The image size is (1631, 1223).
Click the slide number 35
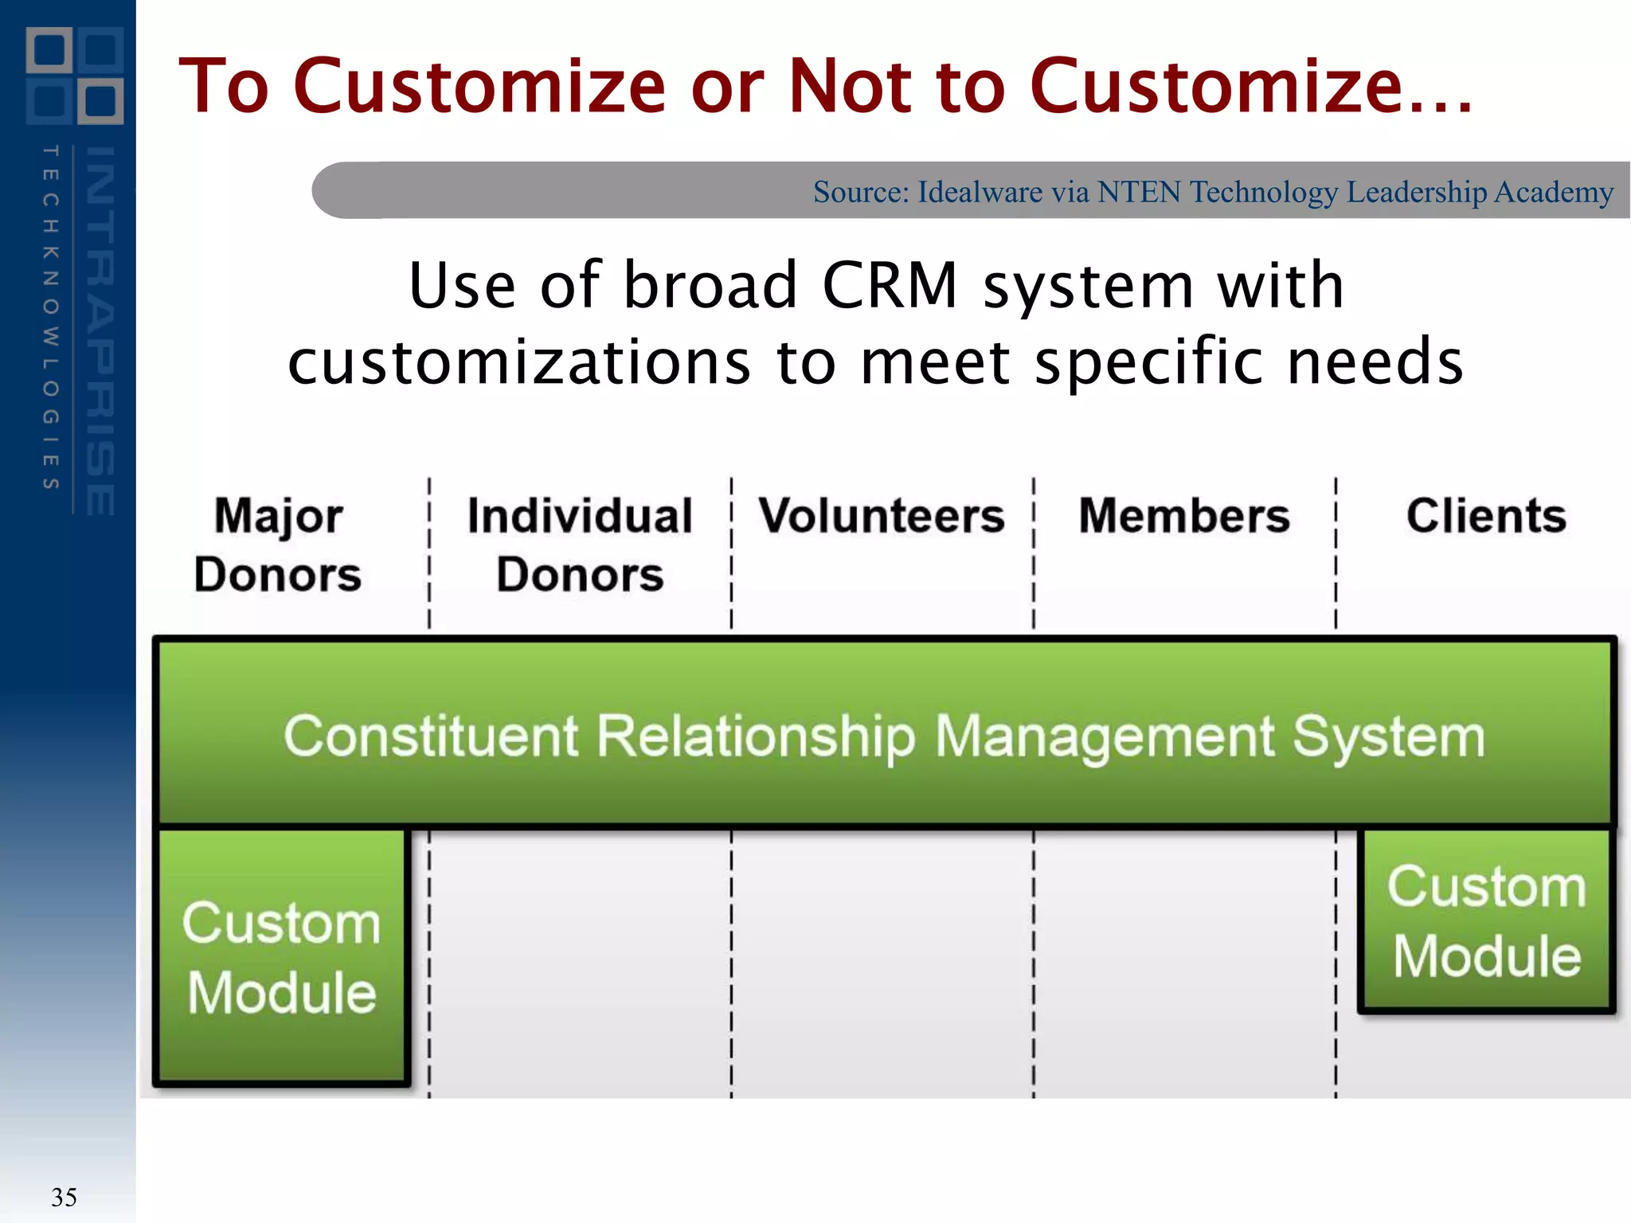[64, 1198]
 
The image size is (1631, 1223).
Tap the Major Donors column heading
[278, 545]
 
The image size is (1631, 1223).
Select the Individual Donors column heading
[580, 545]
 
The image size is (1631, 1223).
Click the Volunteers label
[882, 516]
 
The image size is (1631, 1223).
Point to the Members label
[1184, 516]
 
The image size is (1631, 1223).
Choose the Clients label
[1486, 516]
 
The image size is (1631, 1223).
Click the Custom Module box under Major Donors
[282, 957]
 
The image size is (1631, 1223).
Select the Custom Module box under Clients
[1487, 920]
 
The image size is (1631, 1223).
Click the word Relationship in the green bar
[757, 737]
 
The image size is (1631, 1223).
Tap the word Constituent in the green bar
[431, 737]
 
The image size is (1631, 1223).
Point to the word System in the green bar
[1389, 737]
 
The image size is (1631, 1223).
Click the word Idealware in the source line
[980, 193]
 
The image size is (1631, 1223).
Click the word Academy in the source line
[1554, 193]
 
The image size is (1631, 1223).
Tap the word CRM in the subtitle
[890, 285]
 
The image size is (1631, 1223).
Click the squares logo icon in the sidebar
[75, 76]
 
